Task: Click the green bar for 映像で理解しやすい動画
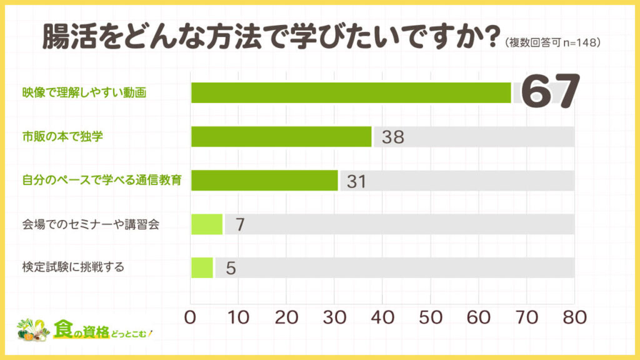[351, 92]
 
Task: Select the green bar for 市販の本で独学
[281, 136]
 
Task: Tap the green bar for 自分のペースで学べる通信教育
[264, 180]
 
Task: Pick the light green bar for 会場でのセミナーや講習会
[207, 224]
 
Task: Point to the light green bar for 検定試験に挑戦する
[202, 267]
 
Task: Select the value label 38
[393, 137]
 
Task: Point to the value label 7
[239, 224]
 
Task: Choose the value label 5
[230, 268]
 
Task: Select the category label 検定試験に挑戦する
[72, 267]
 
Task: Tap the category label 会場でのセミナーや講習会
[90, 224]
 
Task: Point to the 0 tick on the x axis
[191, 317]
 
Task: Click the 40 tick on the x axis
[382, 317]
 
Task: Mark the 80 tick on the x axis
[574, 317]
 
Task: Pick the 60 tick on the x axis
[478, 317]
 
